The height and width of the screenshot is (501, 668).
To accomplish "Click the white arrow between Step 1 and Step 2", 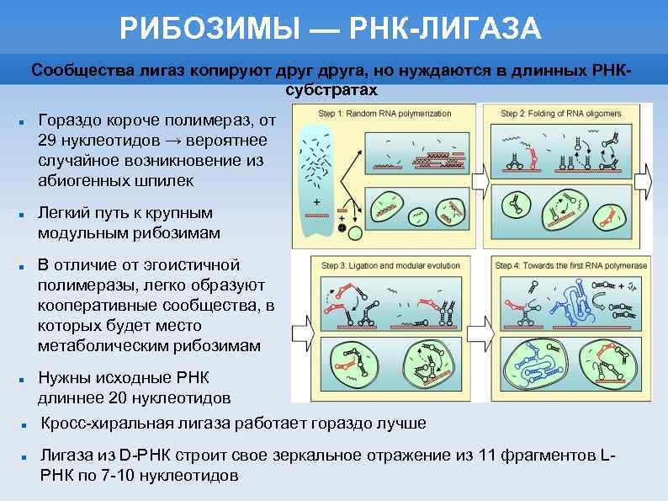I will point(482,179).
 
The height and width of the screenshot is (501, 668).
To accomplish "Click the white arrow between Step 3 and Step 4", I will point(482,331).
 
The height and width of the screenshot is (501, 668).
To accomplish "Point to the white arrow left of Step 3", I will point(300,331).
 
